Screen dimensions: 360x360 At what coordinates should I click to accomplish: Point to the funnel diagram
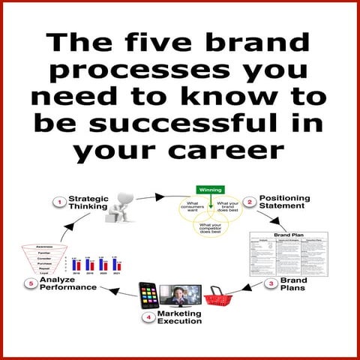coord(39,256)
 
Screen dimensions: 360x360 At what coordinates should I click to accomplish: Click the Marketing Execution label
coord(178,316)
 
